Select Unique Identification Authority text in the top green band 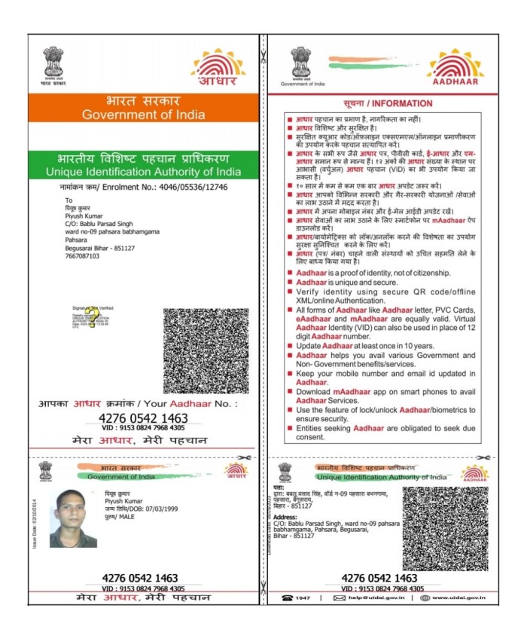[x=143, y=172]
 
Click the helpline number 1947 [x=305, y=598]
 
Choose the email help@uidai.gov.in [x=374, y=598]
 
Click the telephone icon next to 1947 [x=286, y=598]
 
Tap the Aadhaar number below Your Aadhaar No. [x=143, y=417]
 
